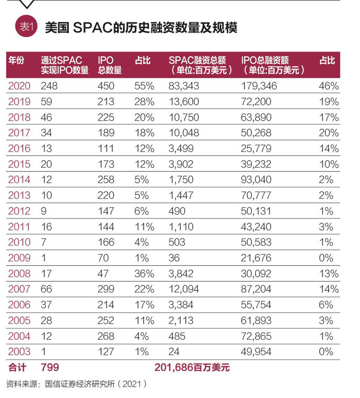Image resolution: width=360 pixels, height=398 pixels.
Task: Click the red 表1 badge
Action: [x=25, y=27]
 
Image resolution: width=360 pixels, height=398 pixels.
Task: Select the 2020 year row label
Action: [x=19, y=85]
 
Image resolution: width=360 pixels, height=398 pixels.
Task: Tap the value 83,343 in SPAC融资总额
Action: [x=184, y=85]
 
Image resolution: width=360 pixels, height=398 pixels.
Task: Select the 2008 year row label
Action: [x=19, y=273]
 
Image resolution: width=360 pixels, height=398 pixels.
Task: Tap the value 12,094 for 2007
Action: [x=184, y=289]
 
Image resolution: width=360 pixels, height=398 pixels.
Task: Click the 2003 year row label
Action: [x=19, y=352]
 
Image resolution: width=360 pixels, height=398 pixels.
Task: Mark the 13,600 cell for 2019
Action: [x=184, y=101]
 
